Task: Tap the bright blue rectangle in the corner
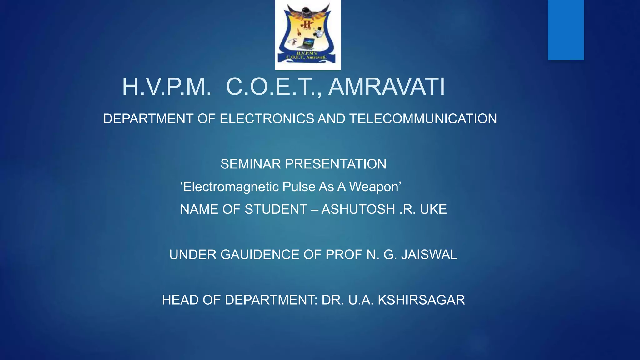[x=566, y=30]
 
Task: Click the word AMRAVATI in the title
[x=387, y=87]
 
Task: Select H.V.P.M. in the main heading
[x=166, y=87]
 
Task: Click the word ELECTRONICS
[x=267, y=119]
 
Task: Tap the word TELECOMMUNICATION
[x=423, y=119]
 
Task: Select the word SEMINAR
[x=251, y=164]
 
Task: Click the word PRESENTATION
[x=336, y=164]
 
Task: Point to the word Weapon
[x=373, y=187]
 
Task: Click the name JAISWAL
[x=429, y=255]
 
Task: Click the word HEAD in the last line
[x=180, y=300]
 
